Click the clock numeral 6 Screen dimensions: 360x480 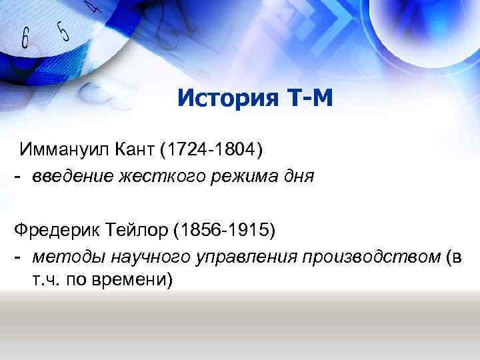[25, 39]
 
